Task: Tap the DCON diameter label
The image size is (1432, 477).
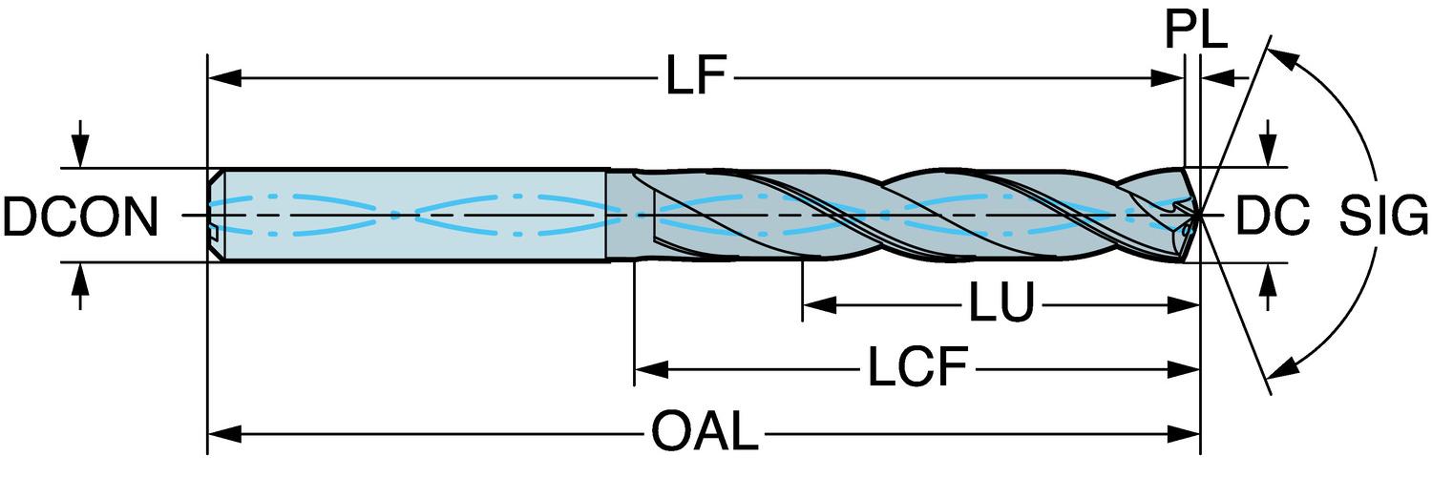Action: (79, 217)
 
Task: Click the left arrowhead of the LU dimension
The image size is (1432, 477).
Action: (817, 305)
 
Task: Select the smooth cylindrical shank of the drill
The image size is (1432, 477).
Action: (411, 215)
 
